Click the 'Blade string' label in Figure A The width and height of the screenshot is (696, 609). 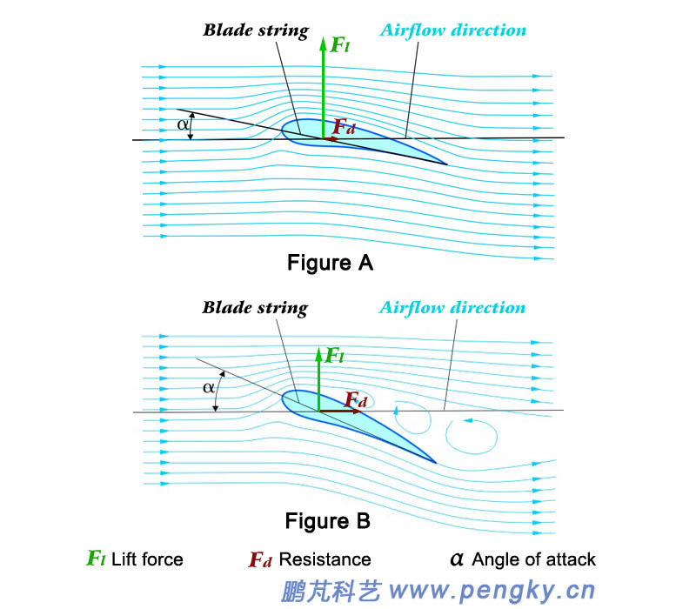pos(256,30)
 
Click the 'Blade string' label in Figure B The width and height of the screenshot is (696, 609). pos(255,308)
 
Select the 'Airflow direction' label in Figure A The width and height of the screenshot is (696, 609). pos(452,30)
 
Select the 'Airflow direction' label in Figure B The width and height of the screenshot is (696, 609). pos(452,308)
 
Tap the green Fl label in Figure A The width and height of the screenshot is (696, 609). pos(340,44)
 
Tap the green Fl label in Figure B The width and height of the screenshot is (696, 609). pos(334,355)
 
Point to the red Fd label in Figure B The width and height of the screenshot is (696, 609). pos(355,399)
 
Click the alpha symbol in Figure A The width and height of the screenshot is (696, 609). pos(183,124)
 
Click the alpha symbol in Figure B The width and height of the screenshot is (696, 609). pos(209,386)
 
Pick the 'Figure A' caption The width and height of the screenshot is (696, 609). pos(330,262)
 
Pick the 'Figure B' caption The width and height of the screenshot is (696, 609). pos(328,521)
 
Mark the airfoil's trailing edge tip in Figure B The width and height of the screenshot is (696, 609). pos(435,462)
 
